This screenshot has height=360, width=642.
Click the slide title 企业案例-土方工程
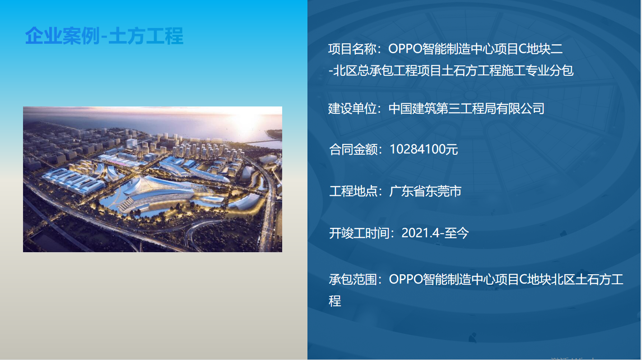click(104, 36)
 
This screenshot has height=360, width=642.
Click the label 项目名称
click(352, 49)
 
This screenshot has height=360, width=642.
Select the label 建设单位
click(352, 109)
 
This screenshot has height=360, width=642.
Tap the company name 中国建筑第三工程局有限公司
click(466, 109)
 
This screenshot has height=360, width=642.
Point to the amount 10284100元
click(424, 149)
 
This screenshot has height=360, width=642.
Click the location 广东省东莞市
click(425, 191)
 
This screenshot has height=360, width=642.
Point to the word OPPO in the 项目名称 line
click(405, 49)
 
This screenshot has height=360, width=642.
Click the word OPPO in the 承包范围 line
click(405, 279)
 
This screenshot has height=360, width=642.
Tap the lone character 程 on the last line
click(335, 301)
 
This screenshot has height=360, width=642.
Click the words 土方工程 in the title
click(146, 36)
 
